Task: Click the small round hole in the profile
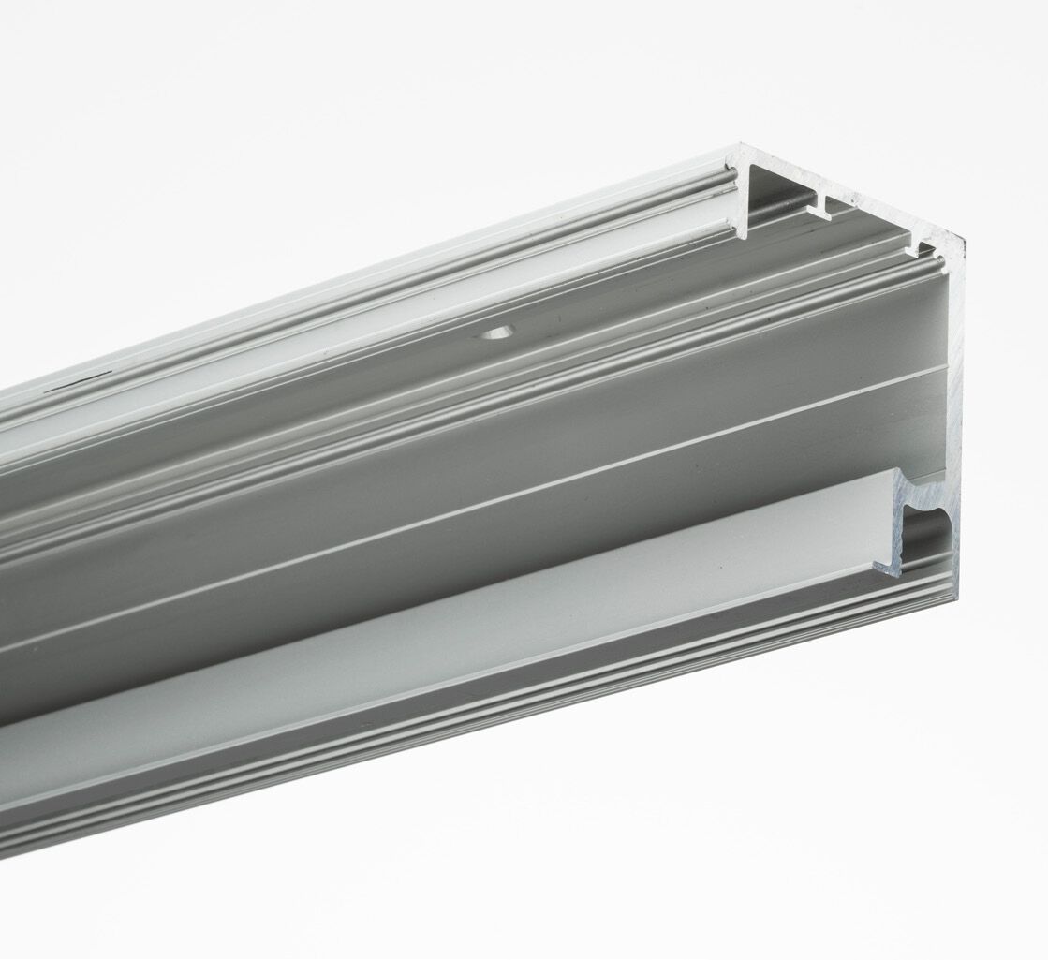click(494, 332)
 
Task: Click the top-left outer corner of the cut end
click(740, 147)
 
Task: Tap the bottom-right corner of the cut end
click(953, 596)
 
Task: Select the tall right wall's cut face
click(954, 393)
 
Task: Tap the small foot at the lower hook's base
click(885, 567)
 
